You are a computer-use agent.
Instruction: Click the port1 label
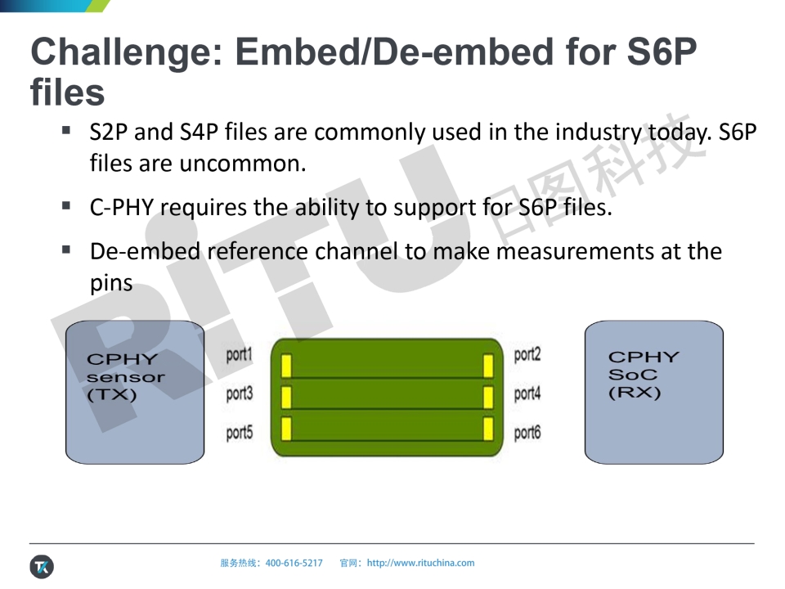pos(239,354)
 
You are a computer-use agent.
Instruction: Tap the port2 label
pos(527,354)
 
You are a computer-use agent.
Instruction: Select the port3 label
pos(240,393)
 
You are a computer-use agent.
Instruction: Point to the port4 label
pos(527,393)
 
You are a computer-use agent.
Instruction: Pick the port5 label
pos(240,432)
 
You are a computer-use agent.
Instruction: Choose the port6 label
pos(527,432)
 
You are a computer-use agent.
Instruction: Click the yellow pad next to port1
pos(286,366)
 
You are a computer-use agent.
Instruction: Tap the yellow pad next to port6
pos(488,429)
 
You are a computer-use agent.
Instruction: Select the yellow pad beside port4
pos(488,398)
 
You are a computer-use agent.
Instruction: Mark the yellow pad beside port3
pos(286,398)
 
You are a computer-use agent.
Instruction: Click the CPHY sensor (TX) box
pos(135,392)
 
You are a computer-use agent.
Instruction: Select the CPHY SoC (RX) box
pos(654,392)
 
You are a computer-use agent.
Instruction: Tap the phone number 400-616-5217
pos(294,563)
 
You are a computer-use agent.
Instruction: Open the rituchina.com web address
pos(420,563)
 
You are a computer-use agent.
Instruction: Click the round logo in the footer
pos(42,567)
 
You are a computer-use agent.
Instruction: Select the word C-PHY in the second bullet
pos(122,207)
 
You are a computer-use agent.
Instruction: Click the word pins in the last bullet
pos(111,284)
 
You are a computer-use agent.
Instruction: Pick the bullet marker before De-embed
pos(66,250)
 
